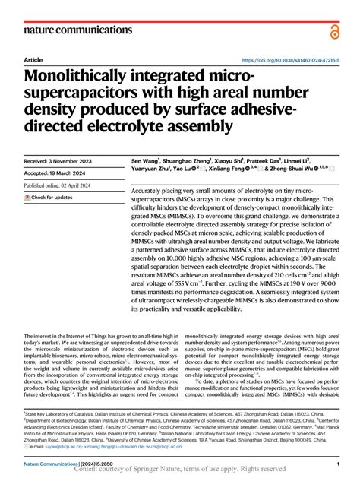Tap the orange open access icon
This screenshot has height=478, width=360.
[x=334, y=30]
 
